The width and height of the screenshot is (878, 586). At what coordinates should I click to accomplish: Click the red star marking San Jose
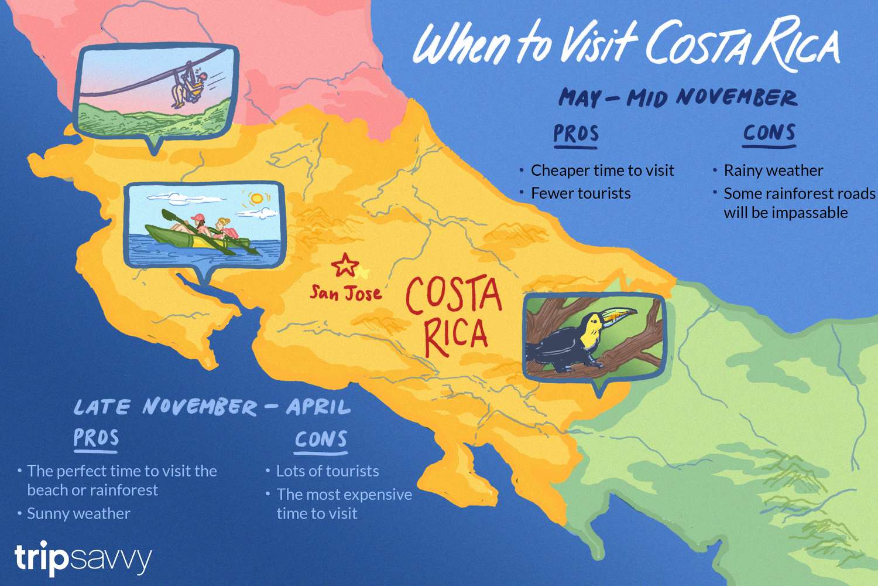coord(345,265)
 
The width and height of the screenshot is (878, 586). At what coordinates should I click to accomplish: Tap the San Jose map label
coord(345,292)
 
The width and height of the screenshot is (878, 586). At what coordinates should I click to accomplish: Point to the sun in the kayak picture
coord(256,199)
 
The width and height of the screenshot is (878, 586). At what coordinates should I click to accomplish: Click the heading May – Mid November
coord(677,97)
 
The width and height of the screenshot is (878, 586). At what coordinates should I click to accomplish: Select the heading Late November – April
coord(212,407)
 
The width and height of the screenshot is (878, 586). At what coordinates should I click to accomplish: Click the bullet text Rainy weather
coord(773,171)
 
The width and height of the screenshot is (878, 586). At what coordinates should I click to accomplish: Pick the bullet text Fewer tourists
coord(581,193)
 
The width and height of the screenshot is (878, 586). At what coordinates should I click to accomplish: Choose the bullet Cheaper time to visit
coord(602,171)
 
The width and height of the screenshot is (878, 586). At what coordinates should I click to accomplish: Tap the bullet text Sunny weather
coord(78,514)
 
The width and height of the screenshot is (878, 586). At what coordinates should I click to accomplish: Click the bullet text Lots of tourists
coord(327,471)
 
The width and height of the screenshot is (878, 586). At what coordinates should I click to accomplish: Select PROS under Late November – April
coord(96,438)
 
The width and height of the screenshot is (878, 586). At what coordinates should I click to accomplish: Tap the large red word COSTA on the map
coord(454,296)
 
